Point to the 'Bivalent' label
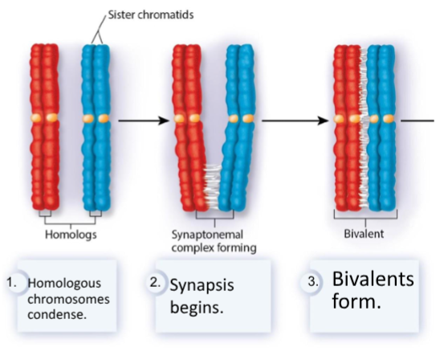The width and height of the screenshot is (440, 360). [365, 235]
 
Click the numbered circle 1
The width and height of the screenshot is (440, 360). [10, 284]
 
